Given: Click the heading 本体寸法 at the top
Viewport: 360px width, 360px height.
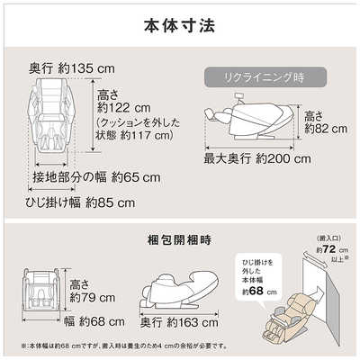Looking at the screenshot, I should pyautogui.click(x=179, y=24).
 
